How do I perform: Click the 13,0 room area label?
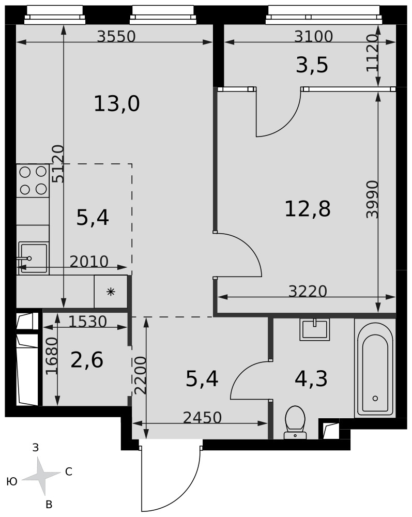coord(117,103)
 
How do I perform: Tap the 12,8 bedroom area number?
coord(307,209)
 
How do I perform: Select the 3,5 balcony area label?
coord(312,65)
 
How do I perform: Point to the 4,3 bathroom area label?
coord(311,378)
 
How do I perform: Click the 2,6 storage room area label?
coord(87,360)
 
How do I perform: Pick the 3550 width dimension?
coord(116,36)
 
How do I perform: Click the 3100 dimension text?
coord(313,36)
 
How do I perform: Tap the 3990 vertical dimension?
coord(373,199)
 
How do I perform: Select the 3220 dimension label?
coord(308,291)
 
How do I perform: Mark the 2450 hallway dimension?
coord(202,418)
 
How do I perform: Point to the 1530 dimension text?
coord(88,322)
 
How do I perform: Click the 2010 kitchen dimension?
coord(89,262)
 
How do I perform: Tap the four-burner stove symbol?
coord(33,180)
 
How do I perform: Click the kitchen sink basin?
coord(33,258)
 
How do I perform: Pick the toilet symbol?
coord(295,422)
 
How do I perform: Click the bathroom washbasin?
coord(314,329)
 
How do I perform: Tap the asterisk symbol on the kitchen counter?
coord(111,292)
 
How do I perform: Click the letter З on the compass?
coord(36,447)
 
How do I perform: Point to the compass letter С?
coord(69,472)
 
